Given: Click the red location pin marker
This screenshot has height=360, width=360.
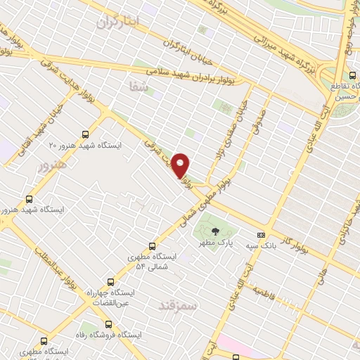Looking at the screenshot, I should [x=181, y=165].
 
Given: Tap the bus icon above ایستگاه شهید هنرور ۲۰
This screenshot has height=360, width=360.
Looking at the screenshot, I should [x=86, y=134].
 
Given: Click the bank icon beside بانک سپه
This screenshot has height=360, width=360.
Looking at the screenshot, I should [x=262, y=236].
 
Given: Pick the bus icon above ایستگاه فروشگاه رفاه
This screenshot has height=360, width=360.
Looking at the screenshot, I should [x=108, y=324].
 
